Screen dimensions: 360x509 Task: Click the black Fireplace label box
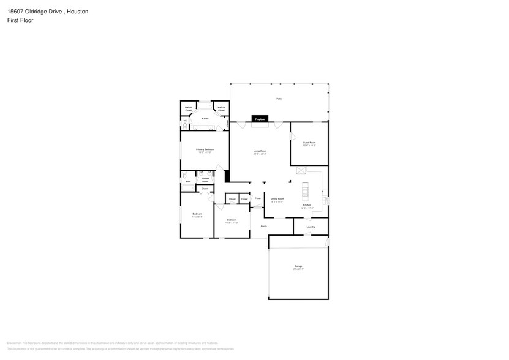[260, 119]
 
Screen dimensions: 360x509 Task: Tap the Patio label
[279, 99]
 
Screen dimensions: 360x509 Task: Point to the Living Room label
[260, 152]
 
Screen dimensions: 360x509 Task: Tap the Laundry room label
[311, 227]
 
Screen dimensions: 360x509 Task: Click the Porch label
[263, 226]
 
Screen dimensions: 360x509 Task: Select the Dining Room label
[277, 200]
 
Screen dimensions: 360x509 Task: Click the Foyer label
[258, 198]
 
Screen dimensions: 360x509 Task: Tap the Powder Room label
[205, 180]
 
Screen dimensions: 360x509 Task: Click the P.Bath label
[205, 118]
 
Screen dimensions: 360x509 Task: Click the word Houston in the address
[78, 11]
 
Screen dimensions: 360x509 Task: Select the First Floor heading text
[20, 20]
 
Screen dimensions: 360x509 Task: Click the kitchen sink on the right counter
[325, 200]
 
